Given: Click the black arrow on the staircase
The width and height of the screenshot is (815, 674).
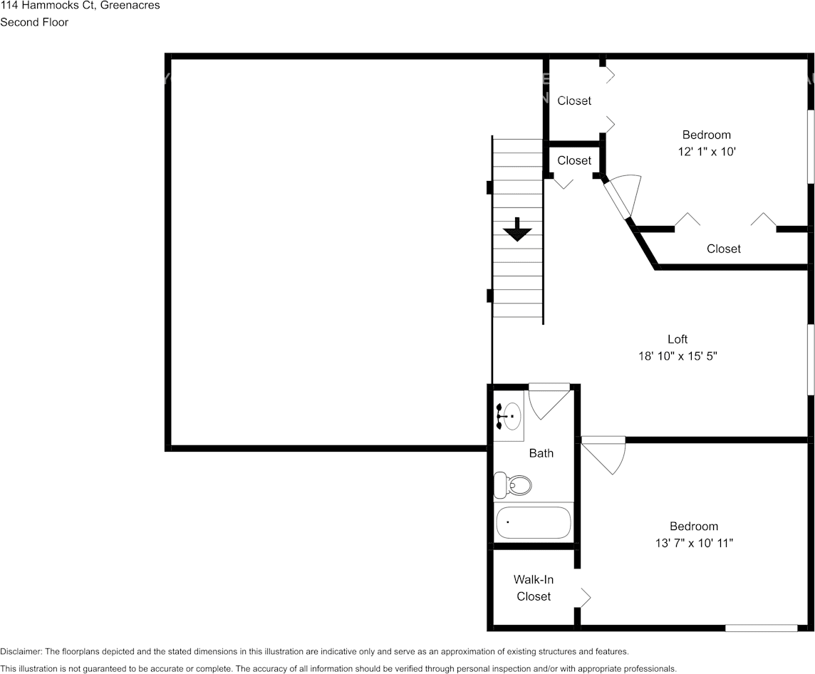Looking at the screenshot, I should point(517,230).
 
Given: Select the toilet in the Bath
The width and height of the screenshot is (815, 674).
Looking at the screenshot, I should point(514,485).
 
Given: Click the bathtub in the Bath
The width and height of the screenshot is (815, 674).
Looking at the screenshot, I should point(534,522).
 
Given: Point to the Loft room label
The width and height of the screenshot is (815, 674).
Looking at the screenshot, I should point(678,339).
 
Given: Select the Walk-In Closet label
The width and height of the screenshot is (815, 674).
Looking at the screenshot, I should point(534,588).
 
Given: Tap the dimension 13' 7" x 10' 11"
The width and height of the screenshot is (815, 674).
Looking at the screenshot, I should point(693,543).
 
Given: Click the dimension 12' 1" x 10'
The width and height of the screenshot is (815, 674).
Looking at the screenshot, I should point(706,152).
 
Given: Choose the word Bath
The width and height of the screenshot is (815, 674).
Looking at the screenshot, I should point(541,453).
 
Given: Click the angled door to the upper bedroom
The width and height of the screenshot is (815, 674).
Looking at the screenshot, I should point(622,196).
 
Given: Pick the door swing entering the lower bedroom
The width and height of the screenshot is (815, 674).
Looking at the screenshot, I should point(606,454).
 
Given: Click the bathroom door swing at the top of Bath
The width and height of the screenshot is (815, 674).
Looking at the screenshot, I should point(549,400).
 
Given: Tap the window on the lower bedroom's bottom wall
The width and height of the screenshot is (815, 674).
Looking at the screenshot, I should point(761,628).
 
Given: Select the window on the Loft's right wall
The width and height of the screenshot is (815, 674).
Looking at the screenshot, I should point(810,360).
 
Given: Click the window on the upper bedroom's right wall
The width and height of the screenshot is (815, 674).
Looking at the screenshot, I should point(810,146).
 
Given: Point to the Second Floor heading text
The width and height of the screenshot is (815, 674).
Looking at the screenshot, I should point(34,22).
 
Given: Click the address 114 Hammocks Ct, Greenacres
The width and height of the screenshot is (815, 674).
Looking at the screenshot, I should point(80,6).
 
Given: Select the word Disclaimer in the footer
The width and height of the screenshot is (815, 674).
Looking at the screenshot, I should point(21,651).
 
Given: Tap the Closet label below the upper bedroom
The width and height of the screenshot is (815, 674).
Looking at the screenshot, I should point(723,249).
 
